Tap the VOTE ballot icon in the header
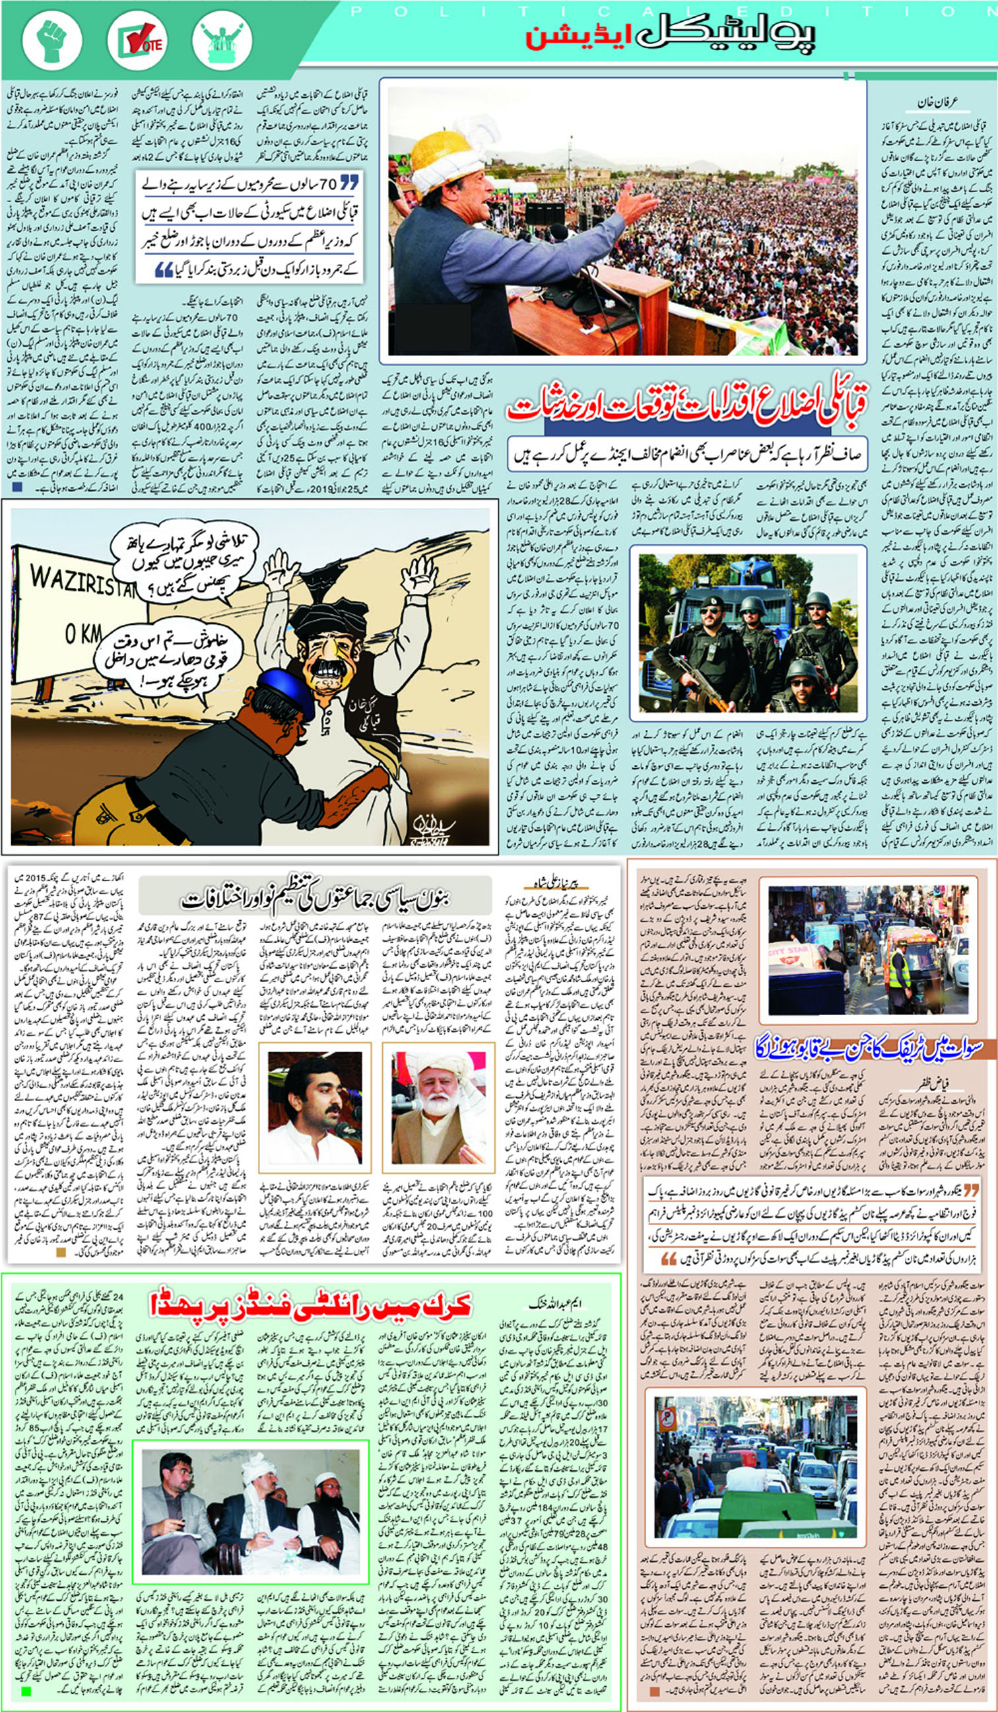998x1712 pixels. pyautogui.click(x=138, y=40)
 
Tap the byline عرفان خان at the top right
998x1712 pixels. pyautogui.click(x=936, y=103)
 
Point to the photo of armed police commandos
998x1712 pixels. pyautogui.click(x=747, y=632)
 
